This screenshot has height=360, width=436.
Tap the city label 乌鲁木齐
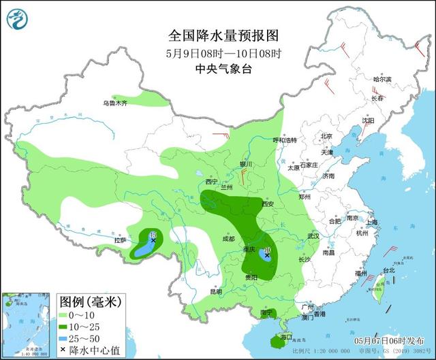click(115, 103)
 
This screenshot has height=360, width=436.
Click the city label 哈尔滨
click(383, 80)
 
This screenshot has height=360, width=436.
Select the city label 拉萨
click(120, 240)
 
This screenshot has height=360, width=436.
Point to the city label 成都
click(228, 239)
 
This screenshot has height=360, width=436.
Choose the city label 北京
click(326, 136)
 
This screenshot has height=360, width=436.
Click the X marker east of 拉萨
click(153, 240)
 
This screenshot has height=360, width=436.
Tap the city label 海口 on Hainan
click(285, 336)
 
